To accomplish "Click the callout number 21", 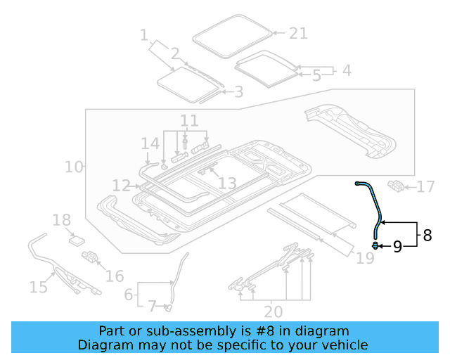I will (x=299, y=33).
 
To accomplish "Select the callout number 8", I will (x=427, y=235).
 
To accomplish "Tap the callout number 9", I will (x=397, y=246).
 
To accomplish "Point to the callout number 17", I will (x=426, y=187).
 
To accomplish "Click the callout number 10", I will (x=73, y=167).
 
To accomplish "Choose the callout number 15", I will (x=39, y=286).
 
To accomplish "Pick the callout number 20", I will (x=273, y=311).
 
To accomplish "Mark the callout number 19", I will (x=364, y=259).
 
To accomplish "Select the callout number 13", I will (x=227, y=184).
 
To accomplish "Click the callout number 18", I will (x=62, y=221).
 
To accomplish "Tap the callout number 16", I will (x=114, y=276).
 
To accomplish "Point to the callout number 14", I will (x=150, y=144).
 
